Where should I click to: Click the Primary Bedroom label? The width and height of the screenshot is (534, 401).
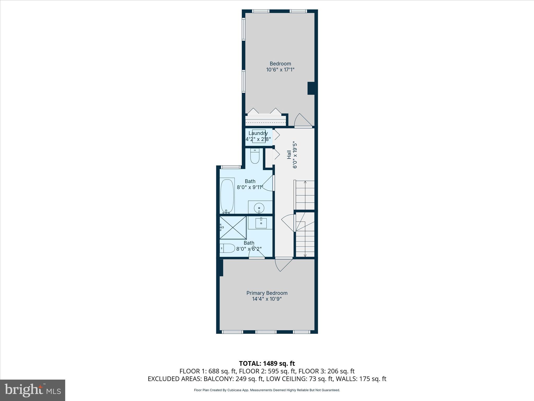coord(267,293)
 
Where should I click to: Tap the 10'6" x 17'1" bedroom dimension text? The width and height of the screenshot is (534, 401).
coord(280,70)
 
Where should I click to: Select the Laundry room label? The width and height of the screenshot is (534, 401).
coord(258,133)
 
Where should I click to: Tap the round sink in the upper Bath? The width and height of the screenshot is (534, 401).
coord(259,208)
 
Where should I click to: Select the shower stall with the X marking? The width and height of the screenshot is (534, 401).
coord(233,227)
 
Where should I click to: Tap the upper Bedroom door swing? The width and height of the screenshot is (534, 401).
coord(302,121)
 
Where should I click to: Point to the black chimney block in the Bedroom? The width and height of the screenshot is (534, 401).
coord(311,88)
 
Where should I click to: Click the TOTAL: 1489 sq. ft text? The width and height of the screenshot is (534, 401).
coord(267,363)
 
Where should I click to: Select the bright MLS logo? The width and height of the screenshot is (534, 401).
coord(32,390)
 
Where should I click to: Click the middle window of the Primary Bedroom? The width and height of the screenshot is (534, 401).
coord(265,332)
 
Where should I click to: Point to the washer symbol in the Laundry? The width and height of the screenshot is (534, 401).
coord(259,136)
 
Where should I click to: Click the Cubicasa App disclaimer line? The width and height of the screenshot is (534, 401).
coord(267,390)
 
